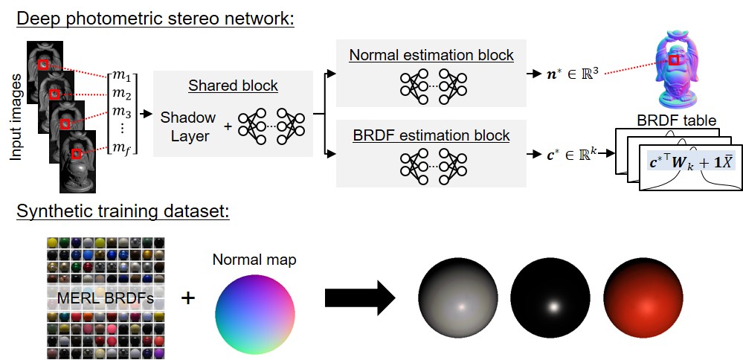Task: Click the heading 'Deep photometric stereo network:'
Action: [x=155, y=19]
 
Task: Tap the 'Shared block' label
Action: [x=233, y=86]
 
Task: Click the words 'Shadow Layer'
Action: [x=188, y=126]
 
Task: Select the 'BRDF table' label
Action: [x=676, y=120]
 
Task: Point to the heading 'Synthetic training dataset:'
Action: [x=123, y=211]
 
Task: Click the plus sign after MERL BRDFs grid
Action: [x=189, y=298]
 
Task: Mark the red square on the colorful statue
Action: [x=673, y=60]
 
